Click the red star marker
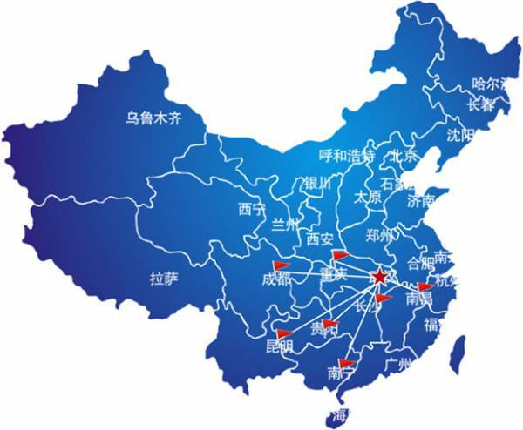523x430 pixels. coord(380,278)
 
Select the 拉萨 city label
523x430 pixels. coord(163,279)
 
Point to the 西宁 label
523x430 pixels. coord(251,209)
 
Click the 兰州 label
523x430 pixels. coord(285,225)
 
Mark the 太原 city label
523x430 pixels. coord(367,197)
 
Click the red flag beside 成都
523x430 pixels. coord(282,265)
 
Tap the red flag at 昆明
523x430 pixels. coord(283,333)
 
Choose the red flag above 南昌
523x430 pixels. coord(425,286)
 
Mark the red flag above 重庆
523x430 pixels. coord(340,255)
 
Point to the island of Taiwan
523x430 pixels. coord(454,355)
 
